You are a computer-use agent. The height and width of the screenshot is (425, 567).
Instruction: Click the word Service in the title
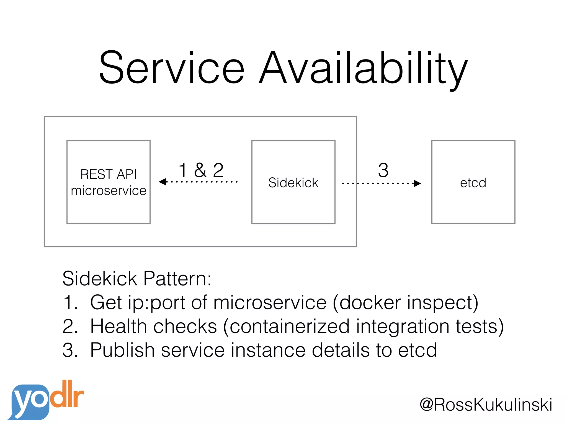click(x=172, y=68)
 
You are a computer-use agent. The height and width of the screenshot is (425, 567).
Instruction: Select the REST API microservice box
click(x=109, y=182)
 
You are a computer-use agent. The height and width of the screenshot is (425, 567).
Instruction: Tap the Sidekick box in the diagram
click(x=293, y=182)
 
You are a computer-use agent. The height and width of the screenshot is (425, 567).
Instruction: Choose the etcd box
click(x=473, y=182)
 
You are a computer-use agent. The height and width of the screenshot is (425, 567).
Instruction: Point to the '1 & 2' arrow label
click(x=201, y=170)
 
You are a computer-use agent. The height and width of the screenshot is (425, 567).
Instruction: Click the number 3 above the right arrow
click(x=383, y=170)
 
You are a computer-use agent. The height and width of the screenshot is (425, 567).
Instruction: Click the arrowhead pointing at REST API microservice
click(x=163, y=182)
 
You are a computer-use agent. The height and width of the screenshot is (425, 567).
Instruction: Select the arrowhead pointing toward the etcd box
click(x=417, y=183)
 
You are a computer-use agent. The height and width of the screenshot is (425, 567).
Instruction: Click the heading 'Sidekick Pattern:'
click(x=137, y=278)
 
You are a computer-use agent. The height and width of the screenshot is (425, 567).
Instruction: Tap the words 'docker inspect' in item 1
click(x=406, y=302)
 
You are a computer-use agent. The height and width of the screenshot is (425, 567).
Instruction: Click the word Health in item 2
click(x=118, y=326)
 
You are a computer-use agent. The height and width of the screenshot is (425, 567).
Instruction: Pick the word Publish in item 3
click(x=122, y=350)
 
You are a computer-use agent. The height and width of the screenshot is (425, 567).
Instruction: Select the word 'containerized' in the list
click(x=290, y=326)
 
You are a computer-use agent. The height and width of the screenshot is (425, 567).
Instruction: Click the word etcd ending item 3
click(x=417, y=350)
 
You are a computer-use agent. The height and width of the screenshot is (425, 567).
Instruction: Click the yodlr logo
click(x=46, y=400)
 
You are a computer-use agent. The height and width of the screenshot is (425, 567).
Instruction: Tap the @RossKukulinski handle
click(x=486, y=405)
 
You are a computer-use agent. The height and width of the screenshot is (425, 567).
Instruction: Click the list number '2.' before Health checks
click(x=70, y=326)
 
